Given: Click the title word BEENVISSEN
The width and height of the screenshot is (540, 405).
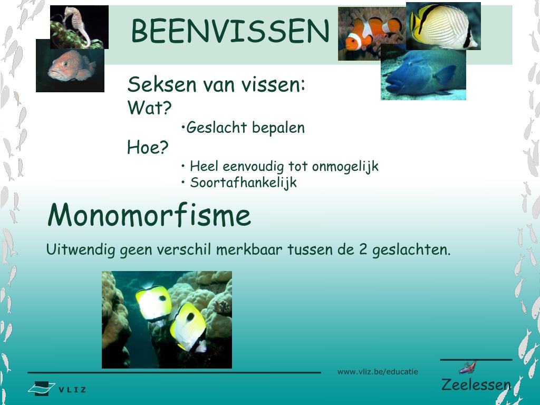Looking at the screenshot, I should click(230, 31).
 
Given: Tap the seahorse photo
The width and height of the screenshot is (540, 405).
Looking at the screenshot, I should click(79, 26).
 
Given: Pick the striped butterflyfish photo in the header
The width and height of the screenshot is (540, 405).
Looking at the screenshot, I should click(443, 25).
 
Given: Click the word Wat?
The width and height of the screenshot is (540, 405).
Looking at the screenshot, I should click(150, 109).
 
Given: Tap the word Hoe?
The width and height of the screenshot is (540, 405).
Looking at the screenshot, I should click(148, 148).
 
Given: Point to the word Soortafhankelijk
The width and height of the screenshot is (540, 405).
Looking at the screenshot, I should click(243, 183).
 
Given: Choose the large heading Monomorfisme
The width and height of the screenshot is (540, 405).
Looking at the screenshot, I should click(149, 215).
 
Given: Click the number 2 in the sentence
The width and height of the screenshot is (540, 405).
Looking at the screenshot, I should click(363, 249).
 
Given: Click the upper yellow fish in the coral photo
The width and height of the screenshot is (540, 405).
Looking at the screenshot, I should click(153, 302).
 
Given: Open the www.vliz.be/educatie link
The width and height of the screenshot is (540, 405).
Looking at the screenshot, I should click(378, 372).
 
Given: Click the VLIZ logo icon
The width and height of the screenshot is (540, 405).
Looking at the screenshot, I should click(42, 389).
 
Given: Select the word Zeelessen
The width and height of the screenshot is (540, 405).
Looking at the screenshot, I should click(476, 384).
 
